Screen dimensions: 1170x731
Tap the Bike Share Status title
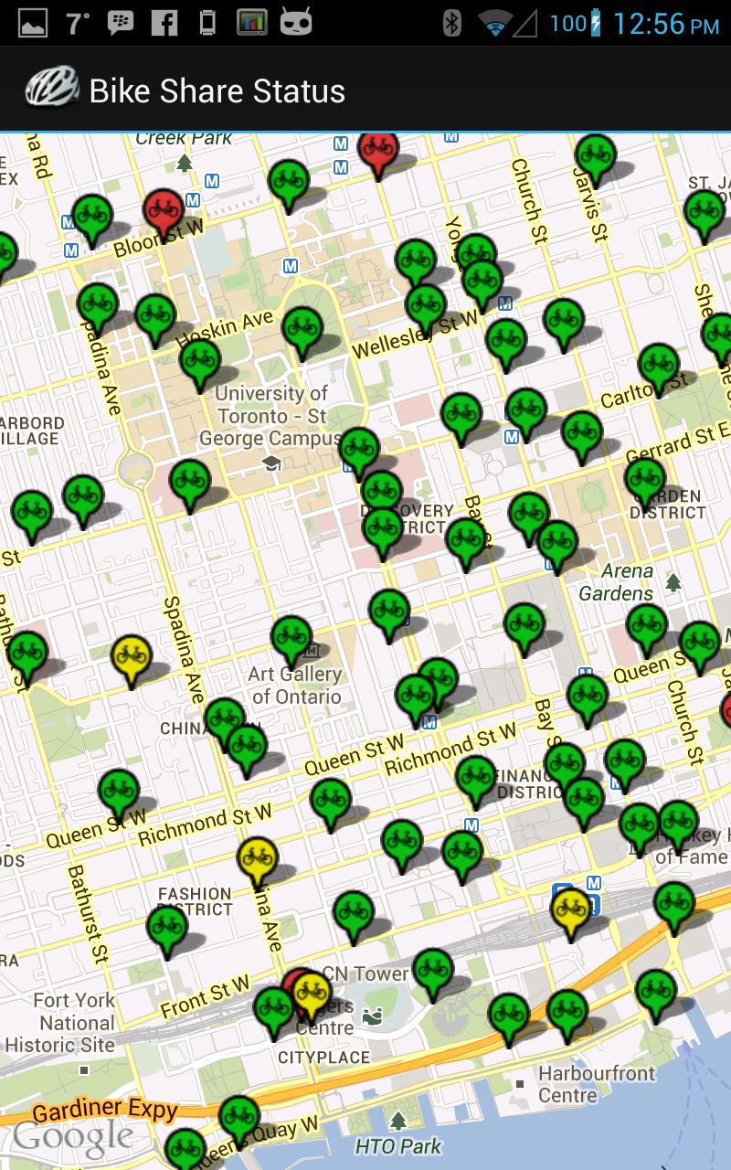click(x=217, y=90)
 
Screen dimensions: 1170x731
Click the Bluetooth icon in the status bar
click(x=451, y=23)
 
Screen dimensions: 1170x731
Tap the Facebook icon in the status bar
click(x=164, y=23)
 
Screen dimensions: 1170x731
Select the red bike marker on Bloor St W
click(x=163, y=209)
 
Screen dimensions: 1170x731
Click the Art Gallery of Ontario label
click(x=295, y=686)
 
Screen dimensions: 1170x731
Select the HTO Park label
click(x=397, y=1145)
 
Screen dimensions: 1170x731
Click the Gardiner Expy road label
click(x=104, y=1109)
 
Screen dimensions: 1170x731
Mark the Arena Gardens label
click(x=617, y=582)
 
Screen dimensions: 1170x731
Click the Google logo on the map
click(x=72, y=1137)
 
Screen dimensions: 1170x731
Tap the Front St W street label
click(x=205, y=996)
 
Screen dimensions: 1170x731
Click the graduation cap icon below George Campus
click(x=271, y=463)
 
